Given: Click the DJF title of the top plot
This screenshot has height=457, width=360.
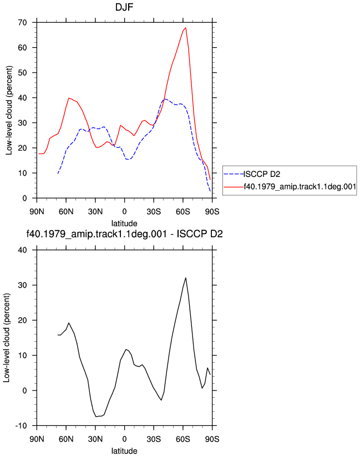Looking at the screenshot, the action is [124, 7].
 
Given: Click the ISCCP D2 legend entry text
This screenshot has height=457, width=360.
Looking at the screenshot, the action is [262, 174].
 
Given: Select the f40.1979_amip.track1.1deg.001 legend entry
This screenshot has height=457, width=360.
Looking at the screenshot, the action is [300, 186].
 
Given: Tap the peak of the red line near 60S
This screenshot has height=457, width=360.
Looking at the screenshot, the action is [186, 28].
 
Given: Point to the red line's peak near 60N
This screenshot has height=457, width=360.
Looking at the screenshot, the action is [69, 98].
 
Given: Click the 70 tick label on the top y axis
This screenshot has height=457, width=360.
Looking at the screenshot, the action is [22, 22].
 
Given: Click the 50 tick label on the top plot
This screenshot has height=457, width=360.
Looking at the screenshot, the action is [22, 73].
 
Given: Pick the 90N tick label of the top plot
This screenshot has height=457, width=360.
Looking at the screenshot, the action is [37, 212].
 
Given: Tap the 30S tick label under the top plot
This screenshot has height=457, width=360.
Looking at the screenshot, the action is [154, 212].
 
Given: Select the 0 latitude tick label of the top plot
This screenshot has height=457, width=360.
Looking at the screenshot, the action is [124, 212].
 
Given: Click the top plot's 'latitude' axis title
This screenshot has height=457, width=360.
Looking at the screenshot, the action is [124, 224].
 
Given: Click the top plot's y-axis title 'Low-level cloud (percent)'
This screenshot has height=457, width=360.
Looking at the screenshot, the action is [9, 110].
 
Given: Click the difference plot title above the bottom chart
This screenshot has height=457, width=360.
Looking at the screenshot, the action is [124, 233].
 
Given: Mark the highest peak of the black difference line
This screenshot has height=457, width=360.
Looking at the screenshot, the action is [186, 278].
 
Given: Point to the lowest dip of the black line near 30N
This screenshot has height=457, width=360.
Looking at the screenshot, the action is [96, 417].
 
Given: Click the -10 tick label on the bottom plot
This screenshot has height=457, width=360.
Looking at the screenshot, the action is [21, 426].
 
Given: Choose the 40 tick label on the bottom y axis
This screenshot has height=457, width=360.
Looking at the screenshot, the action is [22, 250].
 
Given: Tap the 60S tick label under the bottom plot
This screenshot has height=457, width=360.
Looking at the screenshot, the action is [182, 439].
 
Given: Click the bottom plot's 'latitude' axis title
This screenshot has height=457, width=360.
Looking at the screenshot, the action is [124, 451].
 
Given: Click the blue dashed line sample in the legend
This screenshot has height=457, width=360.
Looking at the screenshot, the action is [234, 174].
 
